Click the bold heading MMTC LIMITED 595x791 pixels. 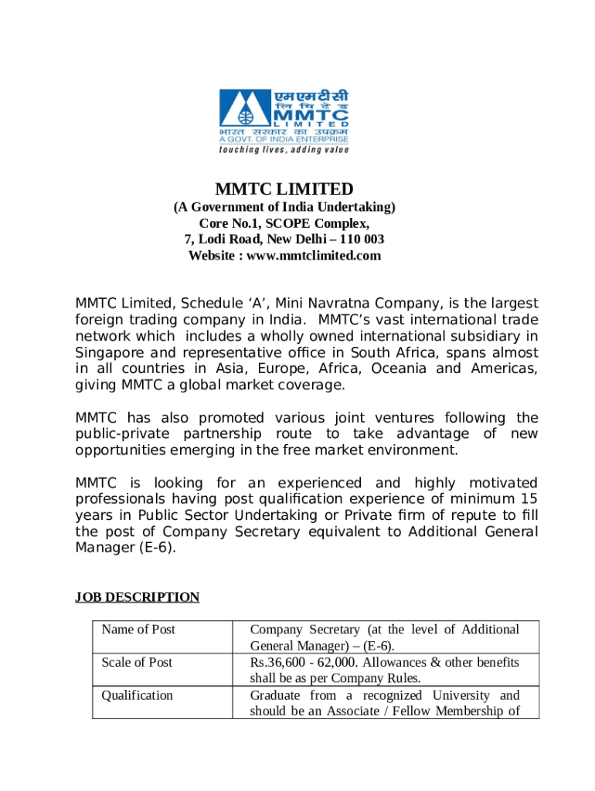(284, 189)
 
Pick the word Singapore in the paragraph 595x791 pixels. (110, 352)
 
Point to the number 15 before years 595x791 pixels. (529, 499)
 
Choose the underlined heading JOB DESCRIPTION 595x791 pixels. (137, 597)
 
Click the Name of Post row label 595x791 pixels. (138, 630)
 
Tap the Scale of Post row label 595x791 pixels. (137, 663)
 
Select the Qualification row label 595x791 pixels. (138, 695)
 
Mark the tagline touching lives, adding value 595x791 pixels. (283, 150)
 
